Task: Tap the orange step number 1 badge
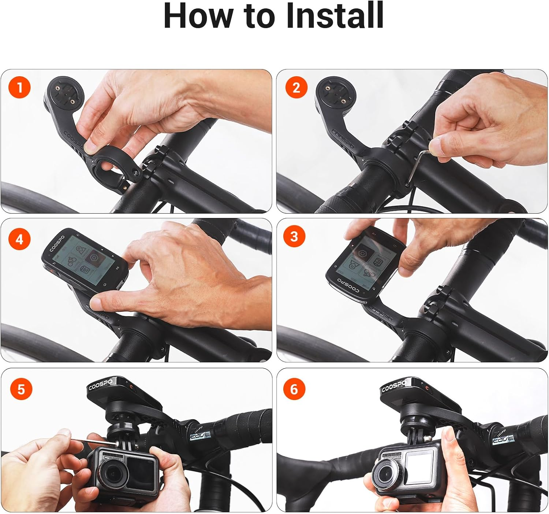click(x=20, y=88)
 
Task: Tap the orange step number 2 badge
click(x=296, y=88)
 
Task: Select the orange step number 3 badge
click(x=294, y=237)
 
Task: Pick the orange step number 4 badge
click(x=20, y=240)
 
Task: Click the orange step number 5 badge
click(x=21, y=389)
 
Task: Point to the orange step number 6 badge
click(x=294, y=389)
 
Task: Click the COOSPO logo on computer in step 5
click(x=100, y=385)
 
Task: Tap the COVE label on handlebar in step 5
click(x=200, y=436)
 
